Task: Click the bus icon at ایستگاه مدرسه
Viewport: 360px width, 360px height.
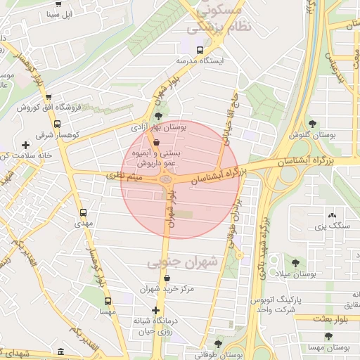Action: [200, 50]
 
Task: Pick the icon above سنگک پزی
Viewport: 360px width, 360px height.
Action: [332, 215]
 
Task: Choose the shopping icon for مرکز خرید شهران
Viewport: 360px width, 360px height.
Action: [167, 278]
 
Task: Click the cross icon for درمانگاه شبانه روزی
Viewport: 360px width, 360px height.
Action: [156, 310]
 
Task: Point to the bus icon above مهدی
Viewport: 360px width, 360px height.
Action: [84, 212]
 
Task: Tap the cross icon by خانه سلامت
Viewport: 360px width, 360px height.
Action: [26, 145]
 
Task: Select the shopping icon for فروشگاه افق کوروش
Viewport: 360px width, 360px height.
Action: [48, 97]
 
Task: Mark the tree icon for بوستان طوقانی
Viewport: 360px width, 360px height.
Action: [219, 343]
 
